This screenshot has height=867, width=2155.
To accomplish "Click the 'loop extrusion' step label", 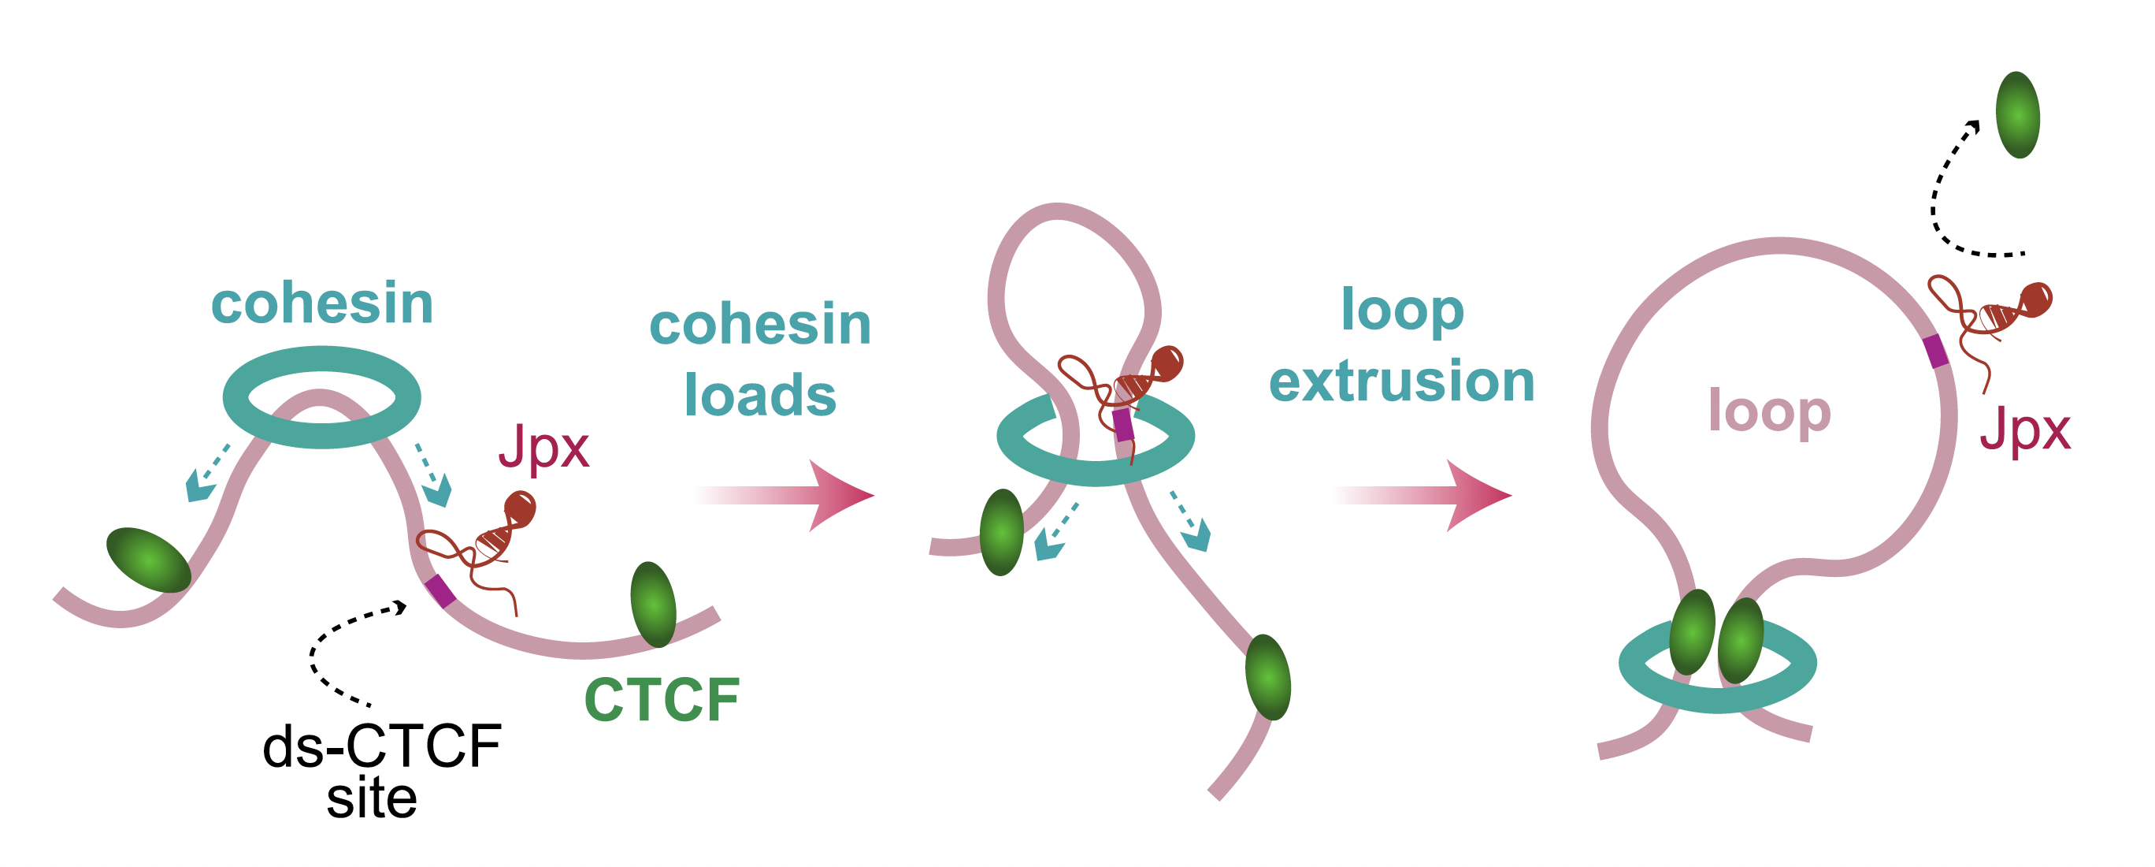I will pos(1402,344).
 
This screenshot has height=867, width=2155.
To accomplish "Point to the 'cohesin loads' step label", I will pos(760,360).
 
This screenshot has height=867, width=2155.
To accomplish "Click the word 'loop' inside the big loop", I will pos(1769,411).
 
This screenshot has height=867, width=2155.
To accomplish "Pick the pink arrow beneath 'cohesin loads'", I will pos(786,495).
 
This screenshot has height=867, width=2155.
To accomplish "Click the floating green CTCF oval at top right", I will pos(2017,114).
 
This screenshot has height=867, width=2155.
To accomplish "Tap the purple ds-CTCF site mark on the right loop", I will pos(1936,351).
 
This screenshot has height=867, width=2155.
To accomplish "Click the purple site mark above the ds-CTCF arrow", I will pos(440,590).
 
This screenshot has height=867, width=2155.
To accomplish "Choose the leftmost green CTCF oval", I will pos(149,560).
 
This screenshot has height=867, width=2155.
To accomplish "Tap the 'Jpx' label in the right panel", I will pos(2024,431).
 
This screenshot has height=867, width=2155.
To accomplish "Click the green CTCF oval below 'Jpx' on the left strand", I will pos(654,605).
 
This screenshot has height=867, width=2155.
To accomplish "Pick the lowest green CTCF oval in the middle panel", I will pos(1267,677).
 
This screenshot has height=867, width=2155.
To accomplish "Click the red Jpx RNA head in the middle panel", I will pos(1168,363).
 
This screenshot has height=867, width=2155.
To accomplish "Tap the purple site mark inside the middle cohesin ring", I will pos(1123,425).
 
